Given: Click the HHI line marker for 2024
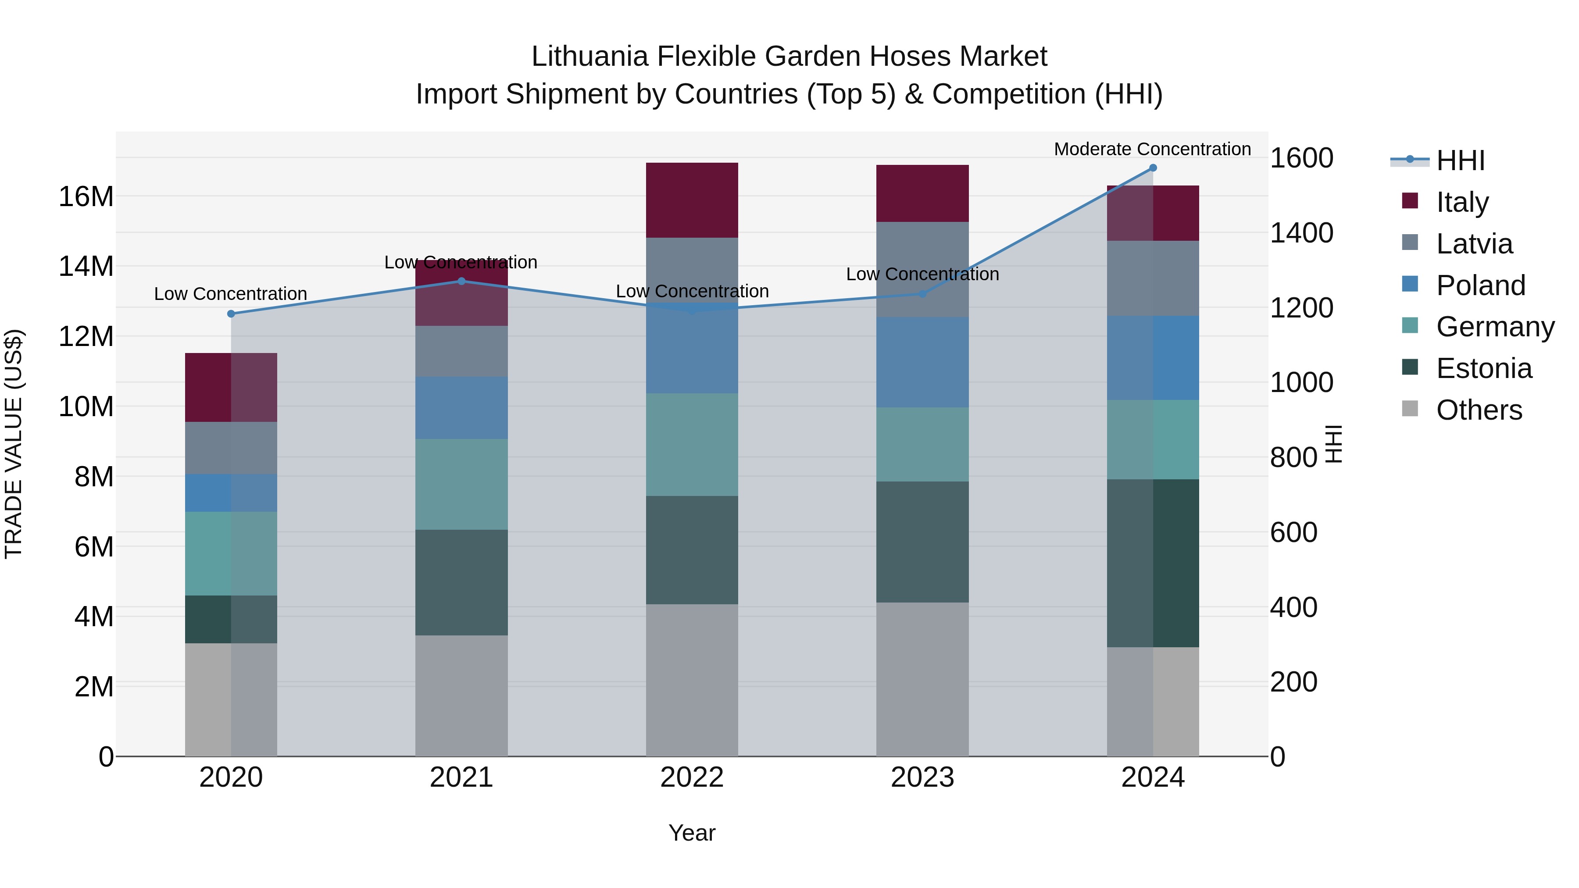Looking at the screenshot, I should [1152, 168].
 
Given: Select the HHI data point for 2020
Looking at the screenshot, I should [231, 314].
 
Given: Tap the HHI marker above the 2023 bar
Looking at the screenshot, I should [922, 294].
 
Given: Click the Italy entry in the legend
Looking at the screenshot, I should [1462, 202].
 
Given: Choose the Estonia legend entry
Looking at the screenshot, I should [1483, 368].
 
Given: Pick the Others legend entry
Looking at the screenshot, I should [1479, 410].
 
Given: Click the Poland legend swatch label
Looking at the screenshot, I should [1480, 285].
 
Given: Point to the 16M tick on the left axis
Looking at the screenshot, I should [86, 197].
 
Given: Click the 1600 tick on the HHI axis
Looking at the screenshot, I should [1301, 158].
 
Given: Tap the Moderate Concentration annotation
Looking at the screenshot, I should [1152, 149].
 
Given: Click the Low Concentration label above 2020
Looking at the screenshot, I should [230, 294].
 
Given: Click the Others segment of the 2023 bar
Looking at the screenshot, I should [922, 679].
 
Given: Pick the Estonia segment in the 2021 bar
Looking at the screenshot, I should [461, 582].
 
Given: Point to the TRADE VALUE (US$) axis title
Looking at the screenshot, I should [14, 444].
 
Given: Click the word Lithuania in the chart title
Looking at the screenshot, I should [589, 57].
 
